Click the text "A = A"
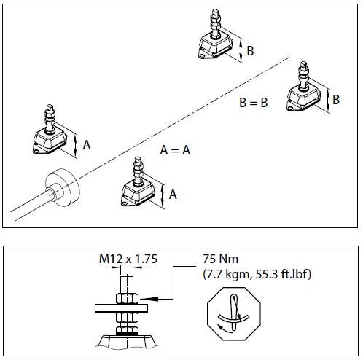pyautogui.click(x=175, y=150)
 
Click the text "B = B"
pyautogui.click(x=254, y=103)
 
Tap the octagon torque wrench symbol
pyautogui.click(x=233, y=313)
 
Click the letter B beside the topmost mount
pyautogui.click(x=250, y=50)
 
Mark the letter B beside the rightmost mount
pyautogui.click(x=336, y=99)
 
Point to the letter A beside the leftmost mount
pyautogui.click(x=87, y=145)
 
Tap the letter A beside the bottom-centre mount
pyautogui.click(x=173, y=194)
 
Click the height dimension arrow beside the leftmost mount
pyautogui.click(x=75, y=144)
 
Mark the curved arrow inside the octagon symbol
pyautogui.click(x=232, y=323)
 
